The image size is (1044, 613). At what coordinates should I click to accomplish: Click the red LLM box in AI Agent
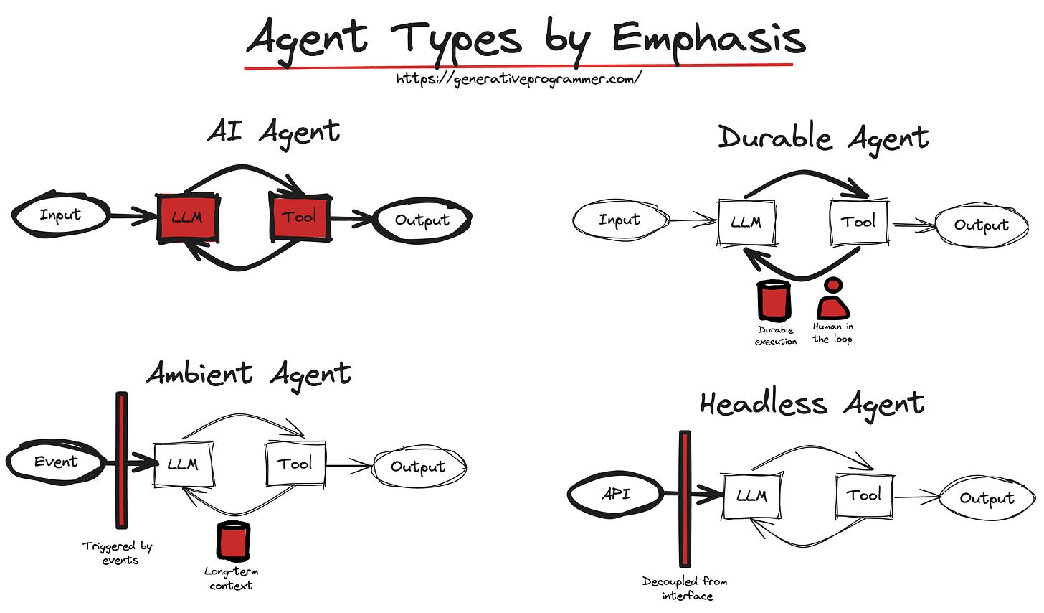coord(188,217)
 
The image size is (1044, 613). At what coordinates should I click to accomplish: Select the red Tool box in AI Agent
coord(300,216)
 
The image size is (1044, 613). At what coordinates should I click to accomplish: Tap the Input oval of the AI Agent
coord(61,215)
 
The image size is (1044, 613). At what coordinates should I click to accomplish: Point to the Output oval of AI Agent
coord(422,220)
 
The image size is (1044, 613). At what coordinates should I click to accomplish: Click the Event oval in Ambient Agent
coord(56,462)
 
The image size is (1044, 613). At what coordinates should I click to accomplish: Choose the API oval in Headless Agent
coord(616,494)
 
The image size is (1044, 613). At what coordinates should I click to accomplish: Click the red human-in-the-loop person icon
coord(832,299)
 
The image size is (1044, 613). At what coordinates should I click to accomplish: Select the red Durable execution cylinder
coord(774,300)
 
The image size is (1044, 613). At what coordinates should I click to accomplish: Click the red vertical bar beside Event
coord(121,459)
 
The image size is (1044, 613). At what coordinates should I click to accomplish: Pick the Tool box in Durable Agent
coord(858,222)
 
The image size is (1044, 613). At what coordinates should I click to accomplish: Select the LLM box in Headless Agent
coord(751,496)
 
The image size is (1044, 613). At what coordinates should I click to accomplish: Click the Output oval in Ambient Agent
coord(419,467)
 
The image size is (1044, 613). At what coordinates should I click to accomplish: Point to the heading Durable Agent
coord(823,137)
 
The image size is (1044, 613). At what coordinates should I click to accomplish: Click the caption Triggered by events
coord(118,553)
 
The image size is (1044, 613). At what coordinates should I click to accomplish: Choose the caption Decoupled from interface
coord(685,588)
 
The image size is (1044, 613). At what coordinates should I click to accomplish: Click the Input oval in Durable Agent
coord(620,220)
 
